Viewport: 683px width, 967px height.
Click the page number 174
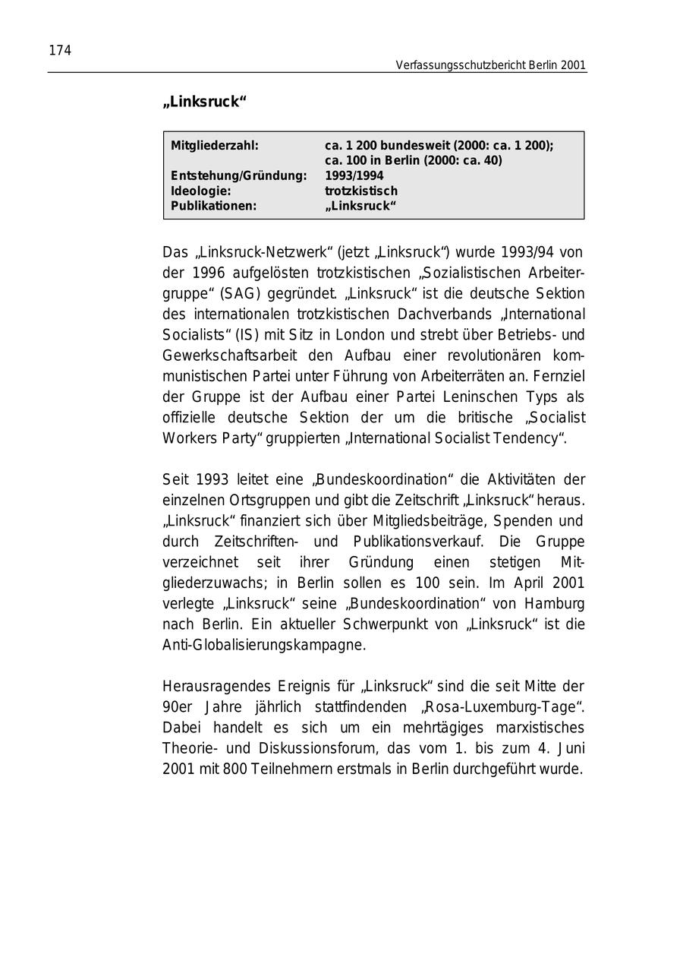pos(60,51)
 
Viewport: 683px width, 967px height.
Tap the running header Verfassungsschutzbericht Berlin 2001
pos(490,65)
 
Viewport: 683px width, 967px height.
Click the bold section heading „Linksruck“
pos(205,102)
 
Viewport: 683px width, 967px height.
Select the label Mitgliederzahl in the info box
pos(215,145)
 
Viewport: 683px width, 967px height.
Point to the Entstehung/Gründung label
pos(238,175)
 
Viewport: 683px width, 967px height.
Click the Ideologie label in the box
pos(200,191)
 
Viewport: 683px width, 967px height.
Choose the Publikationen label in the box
pos(214,206)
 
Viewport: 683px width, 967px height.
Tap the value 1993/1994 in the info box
pos(354,175)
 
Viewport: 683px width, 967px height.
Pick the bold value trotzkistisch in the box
pos(361,191)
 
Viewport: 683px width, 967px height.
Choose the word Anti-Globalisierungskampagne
pos(264,645)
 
